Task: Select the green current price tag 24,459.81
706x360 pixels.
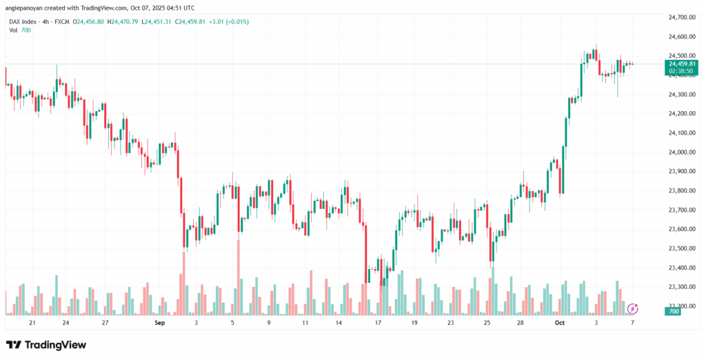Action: [x=680, y=63]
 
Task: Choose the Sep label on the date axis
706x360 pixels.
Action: [x=160, y=322]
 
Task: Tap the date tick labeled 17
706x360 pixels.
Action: [x=378, y=322]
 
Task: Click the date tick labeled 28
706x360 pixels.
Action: [x=521, y=322]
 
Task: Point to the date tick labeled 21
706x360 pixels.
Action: [x=32, y=322]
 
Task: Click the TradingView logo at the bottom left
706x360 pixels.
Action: [x=46, y=345]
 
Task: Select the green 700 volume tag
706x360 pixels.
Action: [x=674, y=312]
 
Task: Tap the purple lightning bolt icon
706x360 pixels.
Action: [x=632, y=308]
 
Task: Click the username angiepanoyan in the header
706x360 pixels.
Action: [x=27, y=8]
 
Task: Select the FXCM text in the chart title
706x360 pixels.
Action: [x=66, y=22]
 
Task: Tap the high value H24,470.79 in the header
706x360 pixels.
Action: [x=120, y=22]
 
